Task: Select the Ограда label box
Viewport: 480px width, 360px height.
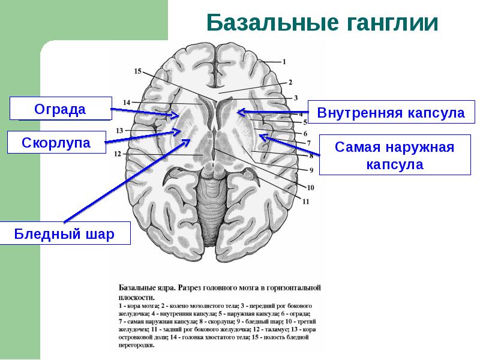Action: click(60, 109)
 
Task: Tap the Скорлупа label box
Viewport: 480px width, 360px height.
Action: click(56, 143)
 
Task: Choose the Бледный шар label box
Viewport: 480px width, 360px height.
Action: click(64, 234)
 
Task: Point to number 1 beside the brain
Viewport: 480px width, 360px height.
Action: click(284, 61)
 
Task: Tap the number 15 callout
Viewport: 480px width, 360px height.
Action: click(137, 71)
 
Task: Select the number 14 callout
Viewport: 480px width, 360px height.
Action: click(127, 103)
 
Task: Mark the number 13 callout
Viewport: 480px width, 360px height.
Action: click(119, 130)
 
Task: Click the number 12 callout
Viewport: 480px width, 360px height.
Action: click(118, 154)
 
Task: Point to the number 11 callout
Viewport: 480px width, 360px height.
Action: click(305, 202)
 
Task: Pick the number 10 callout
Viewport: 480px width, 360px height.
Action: click(310, 187)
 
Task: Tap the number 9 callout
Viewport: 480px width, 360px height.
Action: click(312, 170)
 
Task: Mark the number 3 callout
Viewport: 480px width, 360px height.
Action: click(295, 98)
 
